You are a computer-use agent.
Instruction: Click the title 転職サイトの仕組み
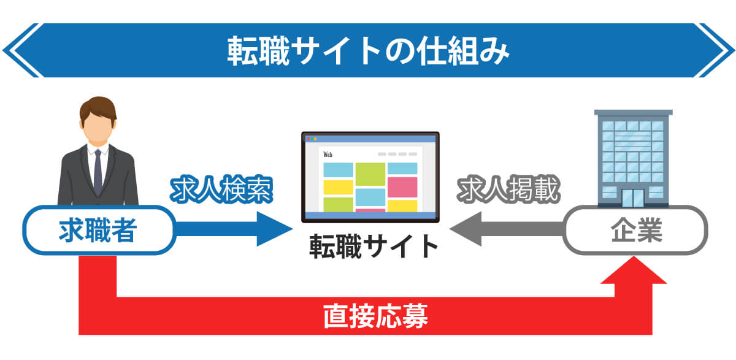click(x=368, y=51)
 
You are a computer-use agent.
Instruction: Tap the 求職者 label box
click(x=99, y=230)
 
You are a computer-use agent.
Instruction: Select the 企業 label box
click(x=635, y=230)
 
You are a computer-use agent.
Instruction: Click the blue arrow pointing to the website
click(x=234, y=229)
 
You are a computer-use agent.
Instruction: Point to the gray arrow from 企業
click(x=507, y=229)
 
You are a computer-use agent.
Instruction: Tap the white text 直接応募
click(x=375, y=316)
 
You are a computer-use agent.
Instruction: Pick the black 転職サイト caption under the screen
click(x=374, y=247)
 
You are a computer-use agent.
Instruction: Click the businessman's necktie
click(x=98, y=172)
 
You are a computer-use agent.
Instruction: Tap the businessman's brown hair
click(x=98, y=109)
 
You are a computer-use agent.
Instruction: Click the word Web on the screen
click(x=328, y=155)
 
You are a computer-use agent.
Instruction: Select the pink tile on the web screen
click(x=402, y=187)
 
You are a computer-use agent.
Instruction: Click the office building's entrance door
click(x=633, y=197)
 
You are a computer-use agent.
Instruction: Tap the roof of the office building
click(x=634, y=112)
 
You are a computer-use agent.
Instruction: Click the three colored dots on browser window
click(x=312, y=139)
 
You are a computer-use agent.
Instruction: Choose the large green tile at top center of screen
click(x=370, y=174)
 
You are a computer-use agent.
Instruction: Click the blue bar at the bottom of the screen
click(x=370, y=215)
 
